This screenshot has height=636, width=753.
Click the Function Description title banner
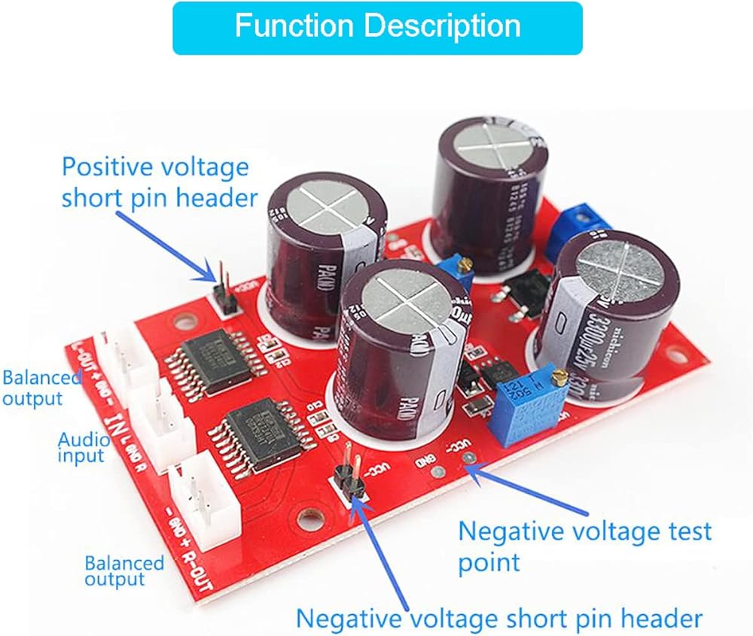377,27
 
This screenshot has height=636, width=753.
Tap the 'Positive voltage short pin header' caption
155,182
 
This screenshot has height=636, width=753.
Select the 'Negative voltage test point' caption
584,546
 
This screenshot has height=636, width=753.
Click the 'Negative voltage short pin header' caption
498,619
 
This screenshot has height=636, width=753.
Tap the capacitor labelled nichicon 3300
614,316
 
